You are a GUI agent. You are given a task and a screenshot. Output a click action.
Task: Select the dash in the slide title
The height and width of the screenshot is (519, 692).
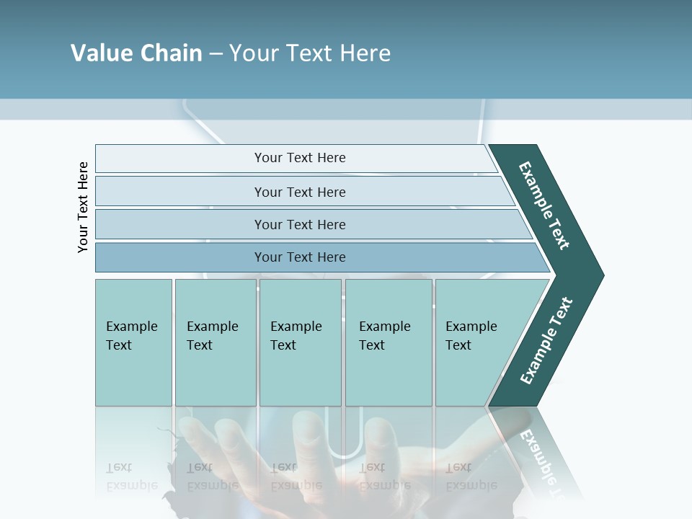[x=216, y=54]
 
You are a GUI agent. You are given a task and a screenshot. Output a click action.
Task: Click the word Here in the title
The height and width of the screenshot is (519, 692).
[x=365, y=53]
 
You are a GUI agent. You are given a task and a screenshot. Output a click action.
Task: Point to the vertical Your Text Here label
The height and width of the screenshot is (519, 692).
[x=83, y=207]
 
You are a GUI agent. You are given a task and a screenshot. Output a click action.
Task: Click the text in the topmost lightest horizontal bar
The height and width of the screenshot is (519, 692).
[x=300, y=158]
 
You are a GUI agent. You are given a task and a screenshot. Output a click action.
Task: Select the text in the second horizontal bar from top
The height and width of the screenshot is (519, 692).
[x=300, y=192]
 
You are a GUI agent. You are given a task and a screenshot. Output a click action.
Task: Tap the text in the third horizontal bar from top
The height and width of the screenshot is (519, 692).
[x=300, y=225]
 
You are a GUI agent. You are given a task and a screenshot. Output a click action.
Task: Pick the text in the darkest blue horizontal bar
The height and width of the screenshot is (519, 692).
[x=300, y=257]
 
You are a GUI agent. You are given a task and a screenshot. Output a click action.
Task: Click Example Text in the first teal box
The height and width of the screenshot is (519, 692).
[x=131, y=336]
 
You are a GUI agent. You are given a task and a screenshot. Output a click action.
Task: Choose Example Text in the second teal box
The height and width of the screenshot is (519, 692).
[x=212, y=336]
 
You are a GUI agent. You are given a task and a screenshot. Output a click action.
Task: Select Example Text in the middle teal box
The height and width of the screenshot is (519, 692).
[x=296, y=336]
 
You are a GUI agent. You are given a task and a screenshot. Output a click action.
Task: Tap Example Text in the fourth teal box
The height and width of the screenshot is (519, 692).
[x=384, y=336]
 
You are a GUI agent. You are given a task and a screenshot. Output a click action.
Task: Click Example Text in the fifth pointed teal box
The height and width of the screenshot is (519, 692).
[x=471, y=336]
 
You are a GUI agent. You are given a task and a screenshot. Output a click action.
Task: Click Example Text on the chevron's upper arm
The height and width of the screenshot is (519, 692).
[x=544, y=205]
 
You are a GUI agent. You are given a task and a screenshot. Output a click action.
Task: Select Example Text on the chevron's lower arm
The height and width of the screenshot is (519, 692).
[x=546, y=341]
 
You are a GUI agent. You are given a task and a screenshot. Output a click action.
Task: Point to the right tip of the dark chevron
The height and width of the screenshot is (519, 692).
[x=602, y=275]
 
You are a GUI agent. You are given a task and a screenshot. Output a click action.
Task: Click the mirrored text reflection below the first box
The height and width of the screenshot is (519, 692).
[x=131, y=476]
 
